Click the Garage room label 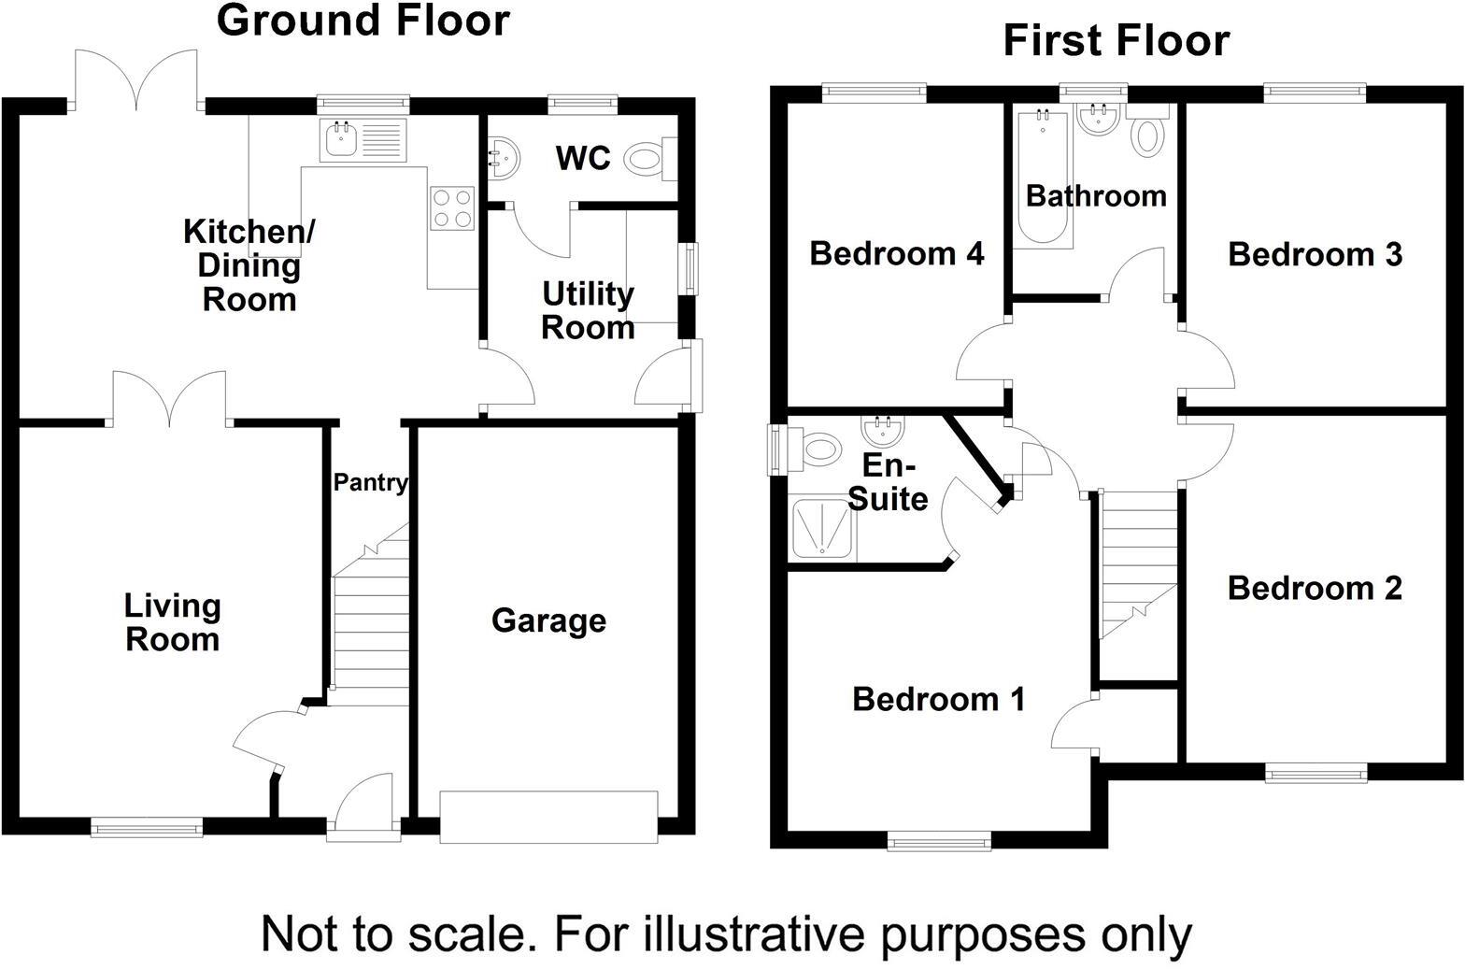coord(548,620)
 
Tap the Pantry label coord(371,482)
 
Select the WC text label coord(583,158)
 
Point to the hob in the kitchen coord(452,208)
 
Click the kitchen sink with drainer coord(363,140)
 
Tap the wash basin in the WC coord(505,158)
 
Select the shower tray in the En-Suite coord(822,529)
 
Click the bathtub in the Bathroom coord(1043,178)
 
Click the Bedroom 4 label coord(897,254)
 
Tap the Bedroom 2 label coord(1315,588)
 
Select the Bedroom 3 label coord(1316,254)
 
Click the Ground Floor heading coord(363,21)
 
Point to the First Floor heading coord(1117,40)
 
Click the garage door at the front coord(548,818)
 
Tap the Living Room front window coord(147,827)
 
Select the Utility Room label coord(588,311)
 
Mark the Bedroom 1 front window coord(939,841)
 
